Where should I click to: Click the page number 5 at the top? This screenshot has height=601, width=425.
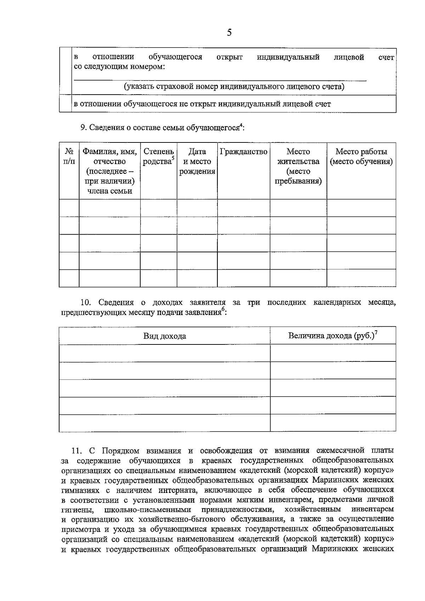[229, 33]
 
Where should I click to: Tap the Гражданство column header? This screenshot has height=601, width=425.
[243, 152]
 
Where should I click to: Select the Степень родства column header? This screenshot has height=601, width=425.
[158, 157]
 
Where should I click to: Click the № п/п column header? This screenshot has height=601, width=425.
[69, 157]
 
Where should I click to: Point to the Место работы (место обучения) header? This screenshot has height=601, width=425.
[361, 157]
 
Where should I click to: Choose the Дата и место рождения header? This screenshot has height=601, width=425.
[197, 162]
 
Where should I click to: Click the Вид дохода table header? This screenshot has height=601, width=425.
[164, 336]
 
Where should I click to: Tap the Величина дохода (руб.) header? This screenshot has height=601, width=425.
[331, 336]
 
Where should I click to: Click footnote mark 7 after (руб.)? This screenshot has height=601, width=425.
[376, 332]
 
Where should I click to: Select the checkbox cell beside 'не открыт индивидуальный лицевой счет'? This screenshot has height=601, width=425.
[66, 104]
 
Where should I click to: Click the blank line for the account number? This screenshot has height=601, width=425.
[220, 80]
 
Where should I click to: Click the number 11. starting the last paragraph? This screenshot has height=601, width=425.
[77, 451]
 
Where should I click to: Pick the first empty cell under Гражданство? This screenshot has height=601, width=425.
[243, 208]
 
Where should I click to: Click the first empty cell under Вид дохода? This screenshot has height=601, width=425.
[164, 353]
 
